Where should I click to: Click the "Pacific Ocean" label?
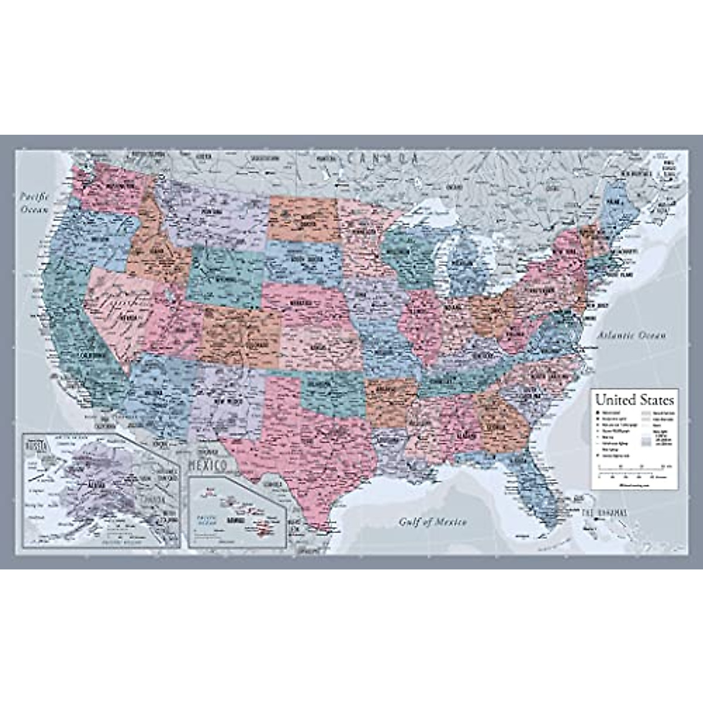point(35,202)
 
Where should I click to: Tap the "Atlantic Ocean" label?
point(632,336)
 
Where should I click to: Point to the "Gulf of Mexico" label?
point(433,522)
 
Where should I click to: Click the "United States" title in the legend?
point(634,401)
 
